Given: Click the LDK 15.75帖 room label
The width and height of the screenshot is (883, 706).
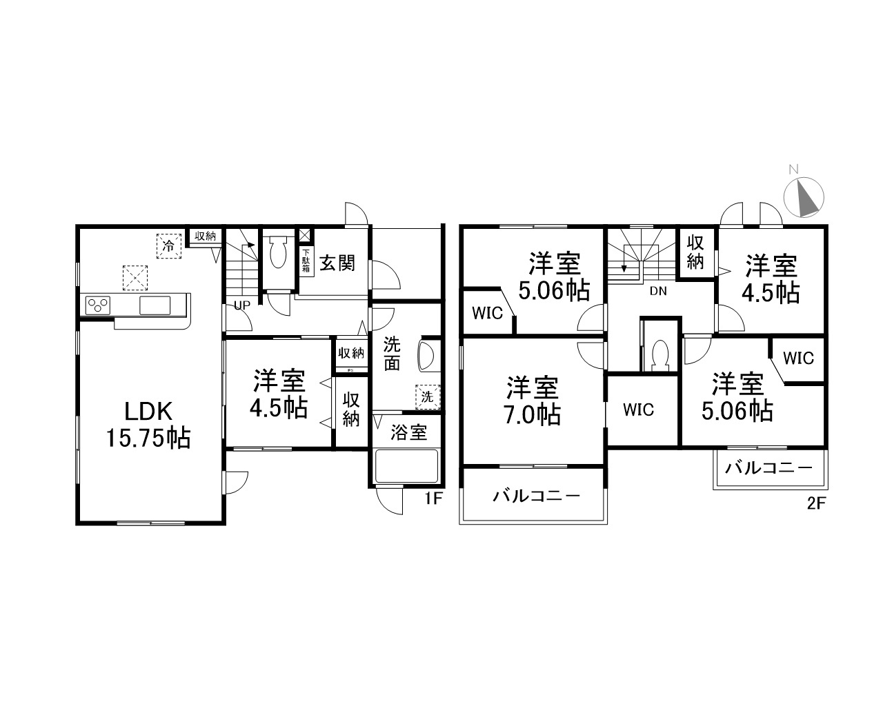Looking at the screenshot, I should (x=148, y=425).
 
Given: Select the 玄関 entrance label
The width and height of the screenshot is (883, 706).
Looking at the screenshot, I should (x=337, y=263).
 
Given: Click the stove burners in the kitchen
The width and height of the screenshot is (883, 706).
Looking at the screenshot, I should (x=98, y=305).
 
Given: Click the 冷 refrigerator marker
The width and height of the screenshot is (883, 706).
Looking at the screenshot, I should (x=168, y=245).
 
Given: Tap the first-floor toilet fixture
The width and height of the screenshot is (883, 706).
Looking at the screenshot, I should (x=279, y=254).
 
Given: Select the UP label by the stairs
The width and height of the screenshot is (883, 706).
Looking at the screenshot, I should (x=241, y=305).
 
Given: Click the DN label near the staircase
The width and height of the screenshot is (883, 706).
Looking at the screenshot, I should (x=658, y=291).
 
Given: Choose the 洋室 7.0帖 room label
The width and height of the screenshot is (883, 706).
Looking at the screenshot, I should (x=533, y=401).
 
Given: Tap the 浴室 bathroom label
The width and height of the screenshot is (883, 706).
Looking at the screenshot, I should (x=408, y=433).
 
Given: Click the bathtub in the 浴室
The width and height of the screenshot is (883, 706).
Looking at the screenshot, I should (x=407, y=467).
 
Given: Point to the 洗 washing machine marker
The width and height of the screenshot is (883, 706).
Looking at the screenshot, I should (x=427, y=396).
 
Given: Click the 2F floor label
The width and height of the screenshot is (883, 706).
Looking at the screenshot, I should (x=816, y=503).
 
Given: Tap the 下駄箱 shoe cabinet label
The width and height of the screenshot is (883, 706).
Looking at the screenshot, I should (x=306, y=261).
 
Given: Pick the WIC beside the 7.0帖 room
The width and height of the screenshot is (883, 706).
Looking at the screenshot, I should (x=638, y=410).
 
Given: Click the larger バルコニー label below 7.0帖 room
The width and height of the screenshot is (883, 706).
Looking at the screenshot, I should (x=536, y=496).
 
